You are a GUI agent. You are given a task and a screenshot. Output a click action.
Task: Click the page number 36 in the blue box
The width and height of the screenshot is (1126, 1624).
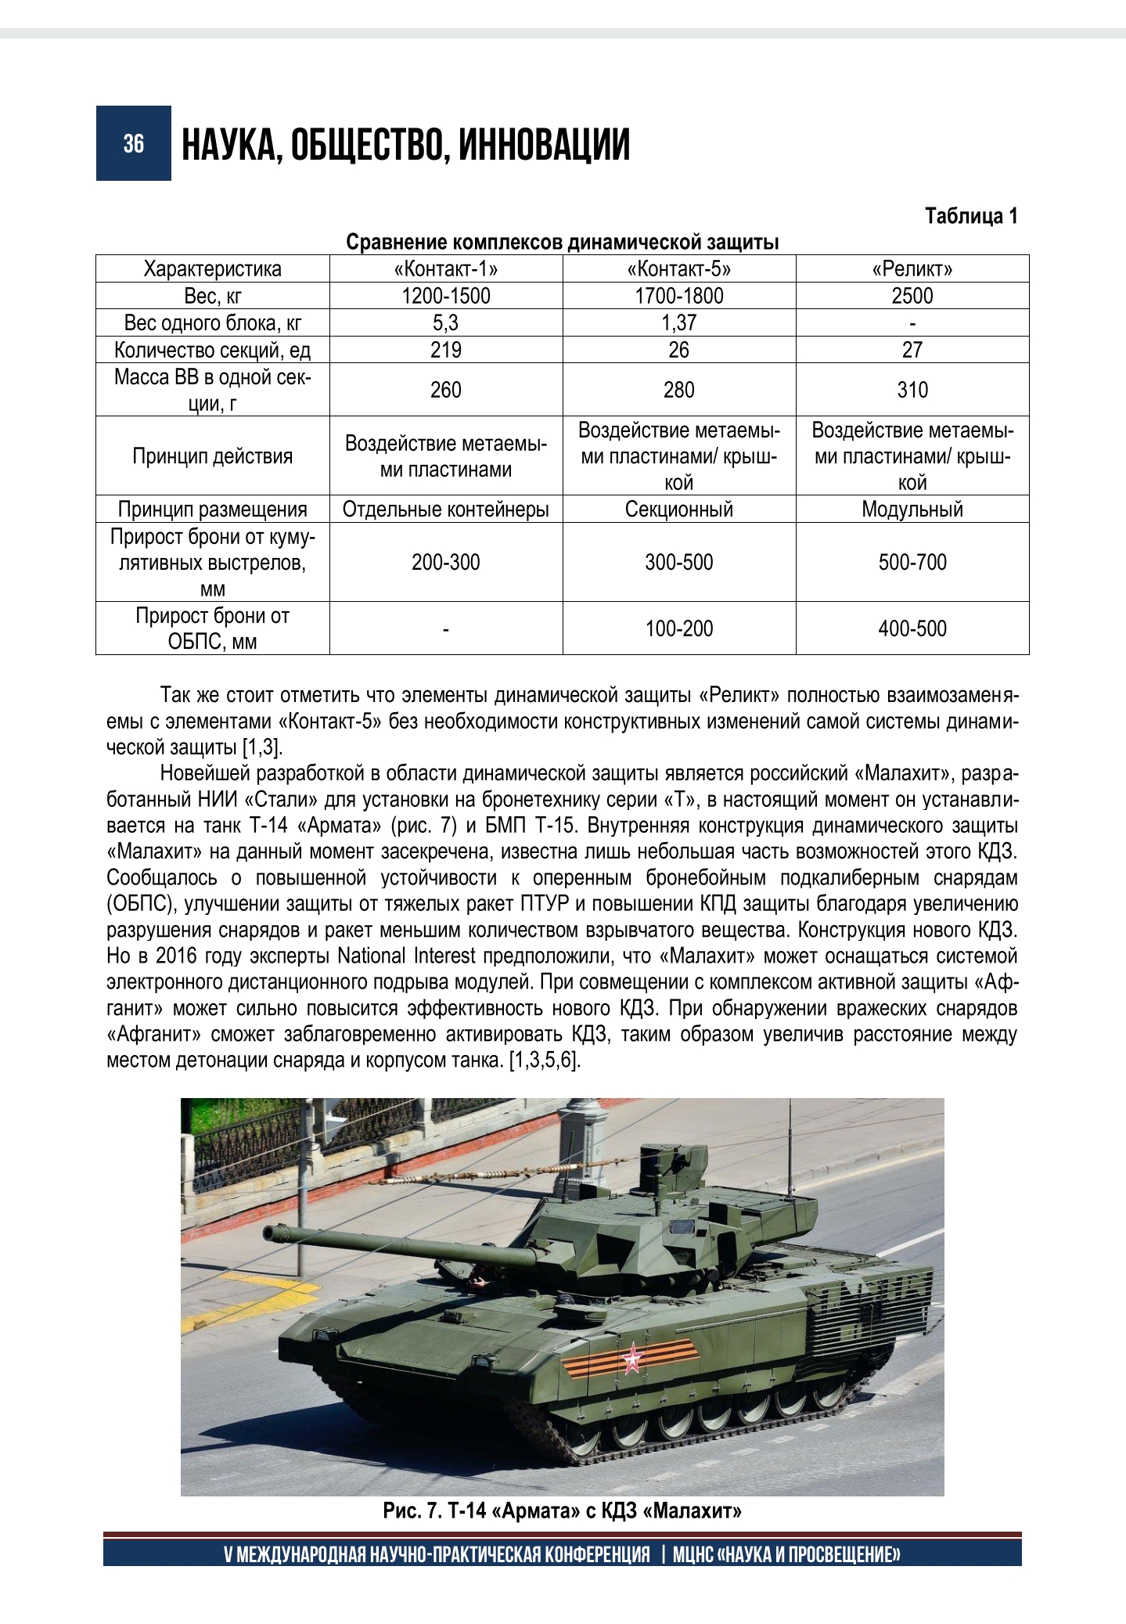tap(133, 143)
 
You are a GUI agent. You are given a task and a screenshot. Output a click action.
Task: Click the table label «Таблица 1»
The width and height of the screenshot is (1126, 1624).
tap(971, 216)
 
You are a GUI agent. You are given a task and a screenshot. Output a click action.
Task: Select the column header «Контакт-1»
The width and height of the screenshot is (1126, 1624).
tap(446, 269)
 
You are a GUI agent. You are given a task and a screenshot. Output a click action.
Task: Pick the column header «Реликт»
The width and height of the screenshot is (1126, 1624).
tap(912, 269)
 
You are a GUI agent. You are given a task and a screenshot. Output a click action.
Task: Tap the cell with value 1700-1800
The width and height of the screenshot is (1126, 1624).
tap(679, 296)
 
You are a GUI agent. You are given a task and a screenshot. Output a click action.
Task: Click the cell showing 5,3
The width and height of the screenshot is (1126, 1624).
tap(446, 322)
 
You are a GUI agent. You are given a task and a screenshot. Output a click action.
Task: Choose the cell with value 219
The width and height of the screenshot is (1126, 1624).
tap(446, 349)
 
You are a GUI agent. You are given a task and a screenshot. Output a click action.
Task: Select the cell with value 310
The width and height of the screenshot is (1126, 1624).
tap(912, 389)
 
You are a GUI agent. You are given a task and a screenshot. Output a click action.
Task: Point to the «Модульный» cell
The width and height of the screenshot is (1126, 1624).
tap(912, 510)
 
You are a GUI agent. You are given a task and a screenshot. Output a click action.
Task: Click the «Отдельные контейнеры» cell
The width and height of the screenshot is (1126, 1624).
tap(446, 510)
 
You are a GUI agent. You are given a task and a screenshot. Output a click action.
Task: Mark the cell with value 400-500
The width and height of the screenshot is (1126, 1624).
tap(912, 628)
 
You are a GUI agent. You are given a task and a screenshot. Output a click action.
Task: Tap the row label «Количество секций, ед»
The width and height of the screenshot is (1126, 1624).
tap(212, 349)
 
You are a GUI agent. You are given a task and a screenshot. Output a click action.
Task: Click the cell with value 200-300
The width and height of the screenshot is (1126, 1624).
tap(446, 562)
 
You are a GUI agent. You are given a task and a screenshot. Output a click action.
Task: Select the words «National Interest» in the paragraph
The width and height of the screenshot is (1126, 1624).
tap(406, 956)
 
